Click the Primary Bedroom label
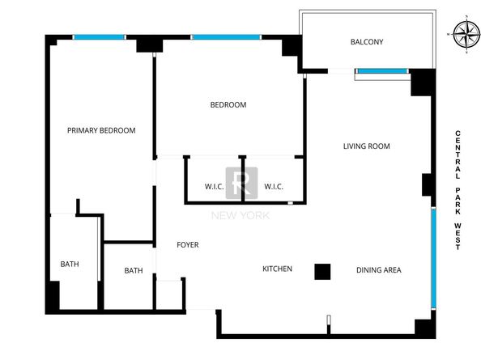(x=101, y=130)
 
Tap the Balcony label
(x=367, y=42)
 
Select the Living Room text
(x=367, y=146)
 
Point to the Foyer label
(x=188, y=245)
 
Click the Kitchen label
(x=277, y=269)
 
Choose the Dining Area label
(x=379, y=270)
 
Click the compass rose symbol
(x=466, y=34)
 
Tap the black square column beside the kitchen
(x=322, y=272)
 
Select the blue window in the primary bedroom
(x=100, y=37)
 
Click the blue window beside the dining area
(x=434, y=257)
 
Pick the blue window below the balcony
(x=382, y=71)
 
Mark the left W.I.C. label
(x=214, y=187)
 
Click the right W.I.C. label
(x=274, y=187)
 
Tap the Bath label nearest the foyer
(x=134, y=270)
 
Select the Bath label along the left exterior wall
(x=70, y=264)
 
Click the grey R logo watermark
(x=242, y=183)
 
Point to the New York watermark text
(x=240, y=216)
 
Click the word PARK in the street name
(x=458, y=201)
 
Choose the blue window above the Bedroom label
(x=227, y=37)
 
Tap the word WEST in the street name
(x=458, y=236)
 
